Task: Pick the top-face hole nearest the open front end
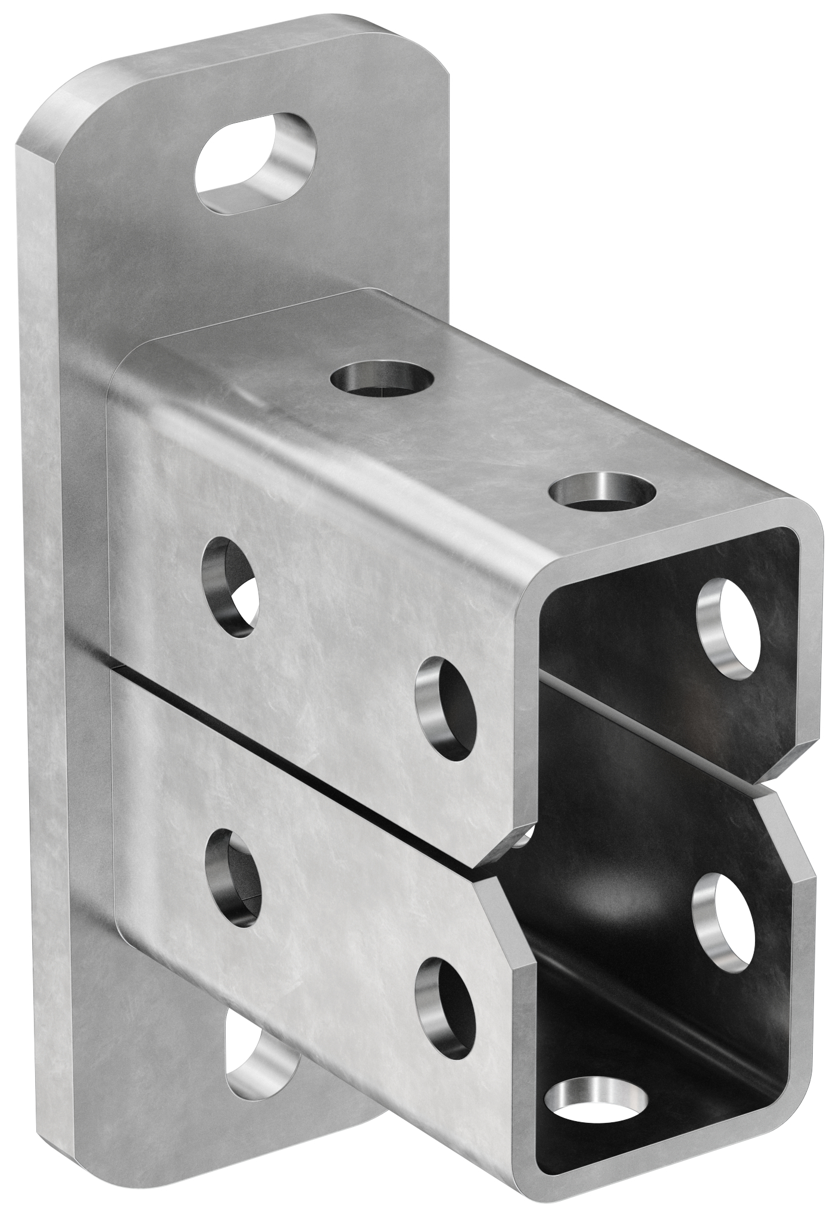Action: coord(603,491)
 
